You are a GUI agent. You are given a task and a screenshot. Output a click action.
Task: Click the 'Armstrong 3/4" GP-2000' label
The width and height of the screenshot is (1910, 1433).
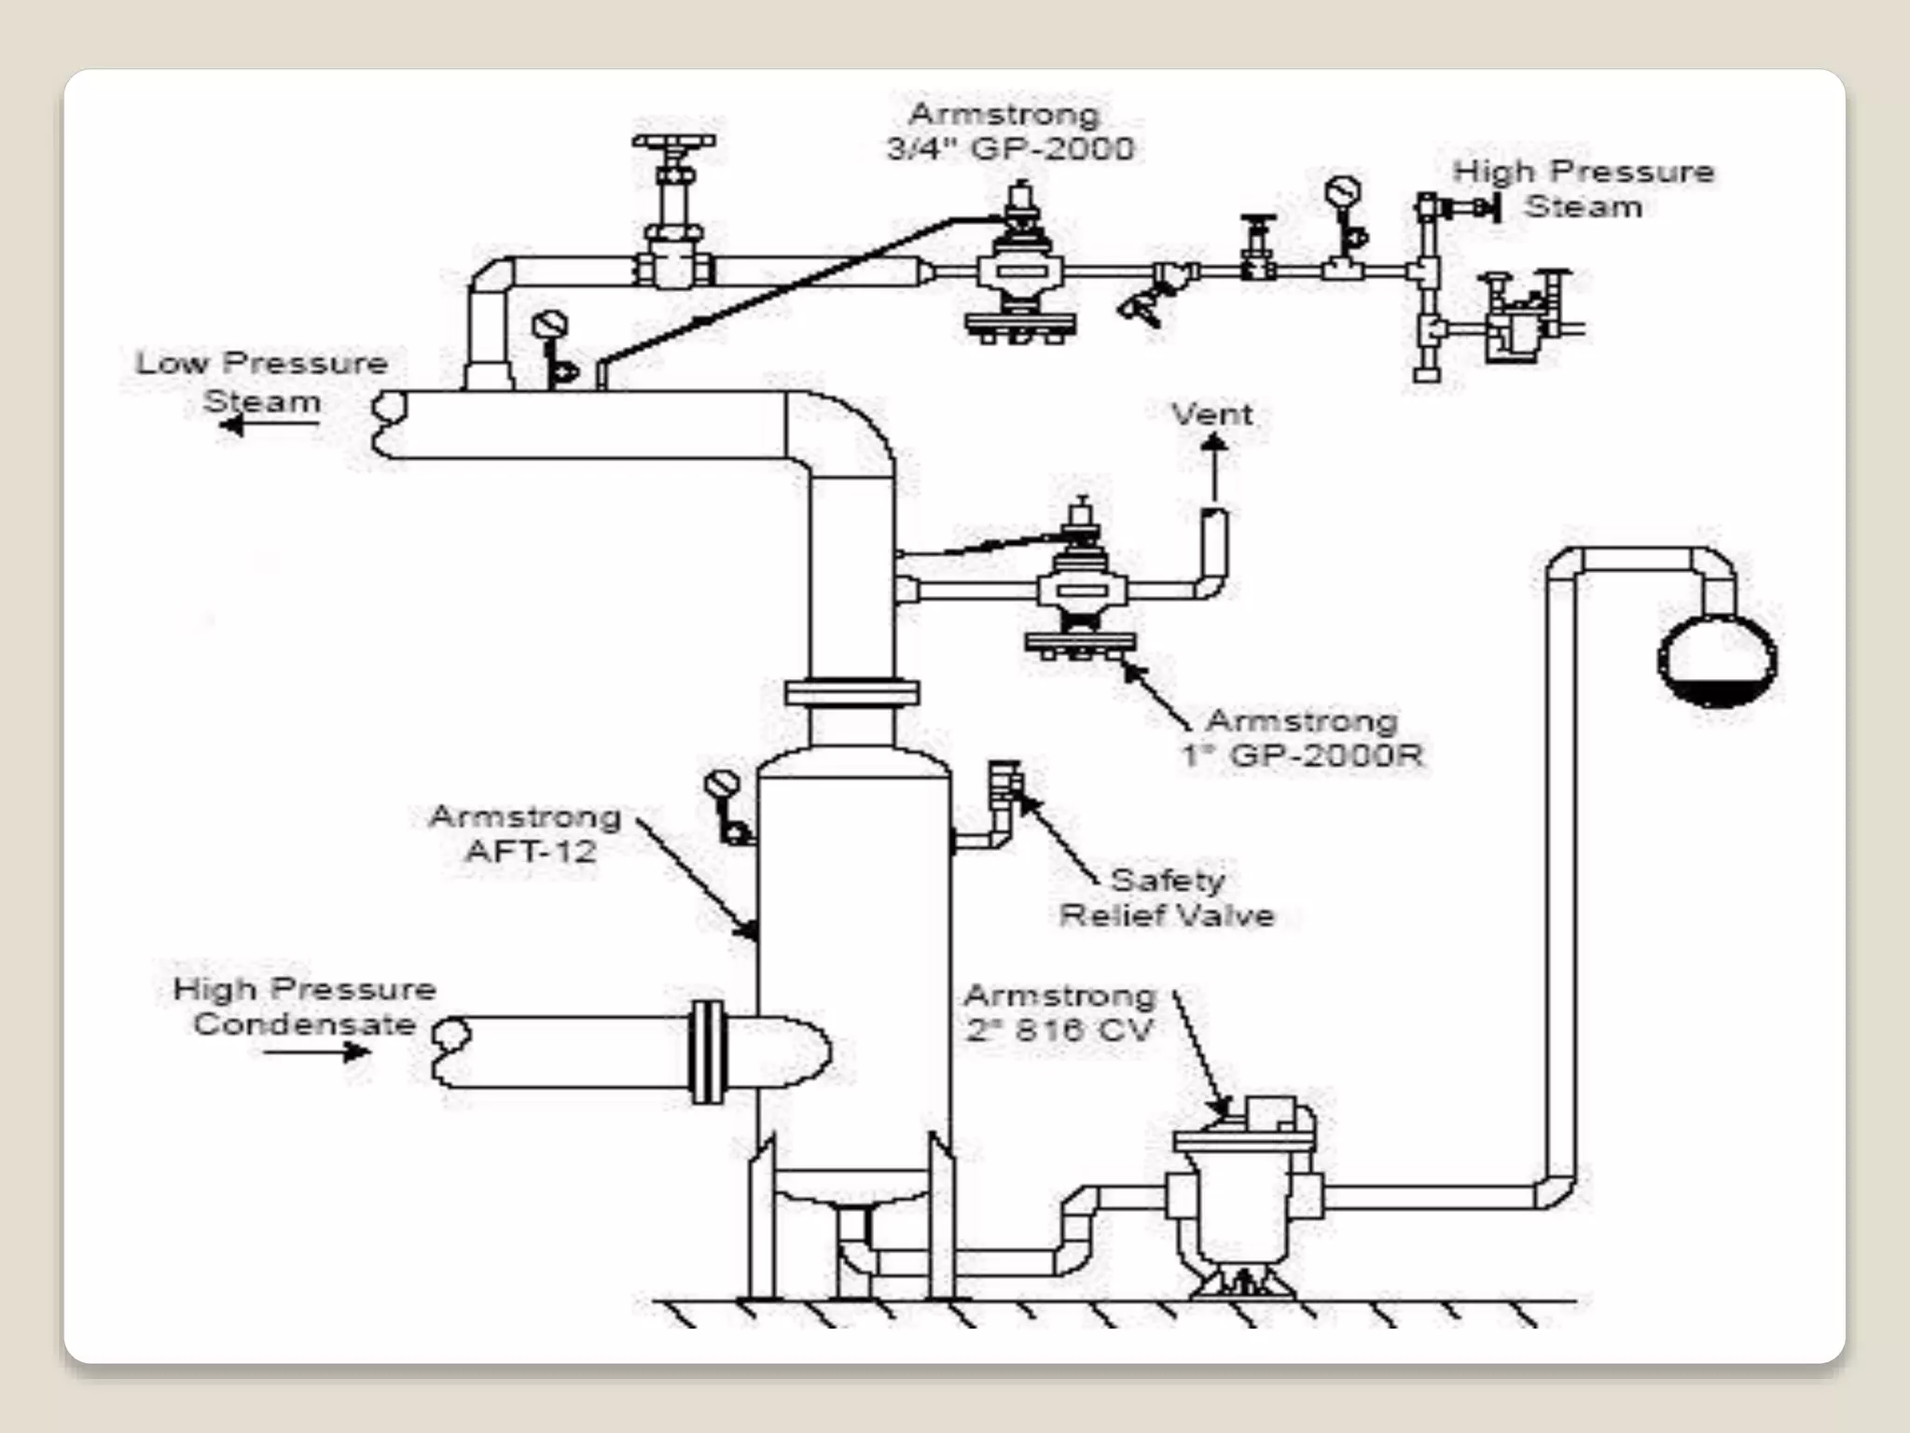click(1009, 132)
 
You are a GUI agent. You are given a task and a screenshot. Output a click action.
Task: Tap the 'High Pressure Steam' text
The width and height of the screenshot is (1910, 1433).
click(1583, 188)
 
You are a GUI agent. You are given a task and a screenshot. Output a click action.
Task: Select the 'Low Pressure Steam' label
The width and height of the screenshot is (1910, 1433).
click(262, 382)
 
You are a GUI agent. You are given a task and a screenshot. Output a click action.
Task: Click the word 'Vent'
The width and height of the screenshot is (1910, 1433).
click(1211, 414)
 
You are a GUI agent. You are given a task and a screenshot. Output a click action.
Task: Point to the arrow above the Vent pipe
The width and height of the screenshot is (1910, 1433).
click(1213, 466)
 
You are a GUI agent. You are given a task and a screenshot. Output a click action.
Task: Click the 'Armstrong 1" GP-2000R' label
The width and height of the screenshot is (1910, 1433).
click(1302, 738)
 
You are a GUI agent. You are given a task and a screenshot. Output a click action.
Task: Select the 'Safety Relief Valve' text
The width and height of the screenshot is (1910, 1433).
click(1167, 897)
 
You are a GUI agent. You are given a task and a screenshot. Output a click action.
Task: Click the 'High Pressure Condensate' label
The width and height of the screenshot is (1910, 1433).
click(305, 1007)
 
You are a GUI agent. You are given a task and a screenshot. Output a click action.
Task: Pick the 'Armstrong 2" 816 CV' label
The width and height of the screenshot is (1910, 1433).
click(1060, 1012)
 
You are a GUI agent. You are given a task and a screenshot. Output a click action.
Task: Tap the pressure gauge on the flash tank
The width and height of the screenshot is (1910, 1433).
click(723, 786)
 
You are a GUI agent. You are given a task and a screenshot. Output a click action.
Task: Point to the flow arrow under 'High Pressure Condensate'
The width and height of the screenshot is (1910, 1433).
click(317, 1052)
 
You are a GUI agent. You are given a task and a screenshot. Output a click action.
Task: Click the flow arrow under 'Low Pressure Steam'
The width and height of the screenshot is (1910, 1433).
click(270, 425)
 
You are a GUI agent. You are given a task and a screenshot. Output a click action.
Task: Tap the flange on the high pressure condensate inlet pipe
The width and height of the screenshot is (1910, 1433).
click(708, 1051)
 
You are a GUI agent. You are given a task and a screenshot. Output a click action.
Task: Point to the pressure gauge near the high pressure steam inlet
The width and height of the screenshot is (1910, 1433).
click(1342, 193)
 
